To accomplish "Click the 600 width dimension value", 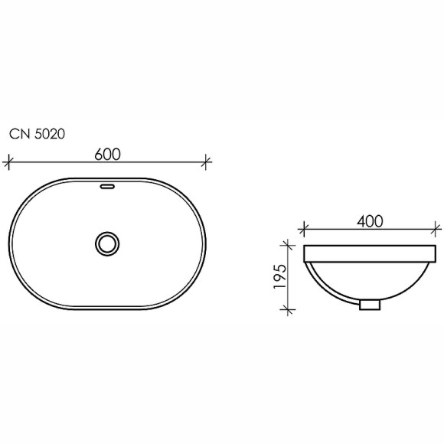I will [x=108, y=153].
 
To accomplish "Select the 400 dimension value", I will [x=371, y=220].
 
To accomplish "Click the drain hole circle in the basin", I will [x=108, y=243].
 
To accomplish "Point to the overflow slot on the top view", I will [x=108, y=186].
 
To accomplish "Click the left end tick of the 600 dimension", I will [x=9, y=162].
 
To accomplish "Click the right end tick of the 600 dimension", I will [x=207, y=162].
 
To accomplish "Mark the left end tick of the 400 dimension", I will [x=304, y=228].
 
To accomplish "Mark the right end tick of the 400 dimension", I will [x=437, y=228].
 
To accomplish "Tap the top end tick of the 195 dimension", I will [x=289, y=246].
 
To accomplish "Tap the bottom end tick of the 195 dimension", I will [x=289, y=309].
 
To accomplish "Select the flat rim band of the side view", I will [x=371, y=253].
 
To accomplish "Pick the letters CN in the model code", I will [x=18, y=133].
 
